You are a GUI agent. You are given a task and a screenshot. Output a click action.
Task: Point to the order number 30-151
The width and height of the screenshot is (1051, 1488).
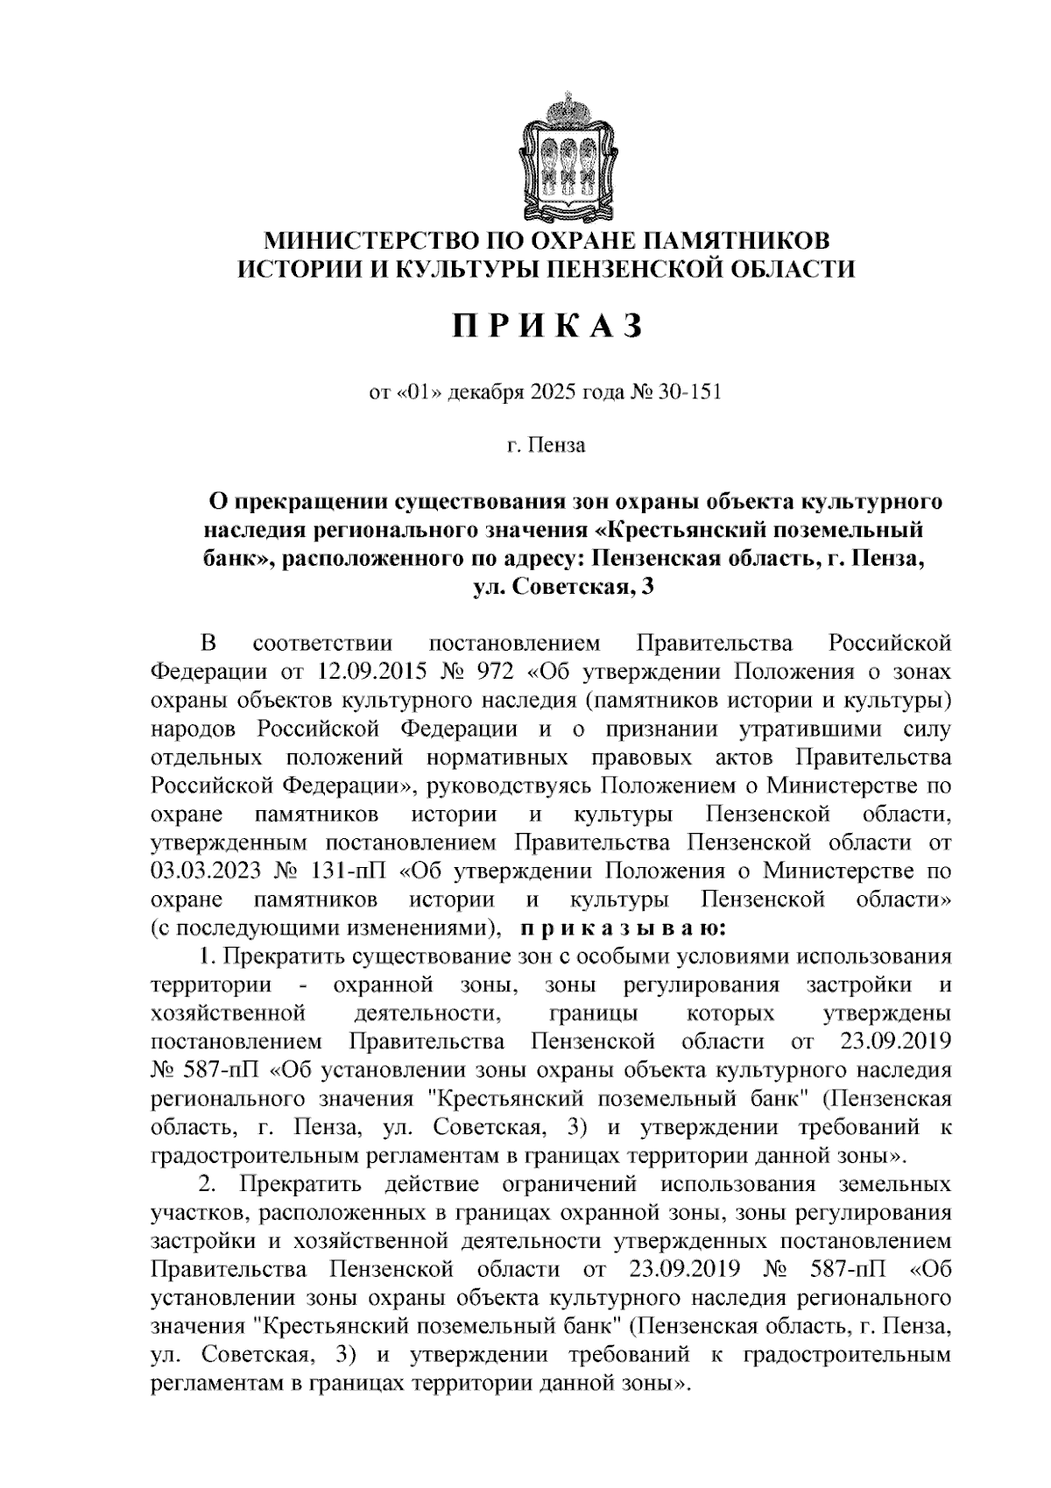tap(692, 391)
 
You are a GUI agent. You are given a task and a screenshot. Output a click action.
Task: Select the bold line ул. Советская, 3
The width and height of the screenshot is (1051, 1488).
tap(563, 587)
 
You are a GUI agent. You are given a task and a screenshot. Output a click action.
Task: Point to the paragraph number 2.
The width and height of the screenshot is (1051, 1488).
tap(206, 1185)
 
